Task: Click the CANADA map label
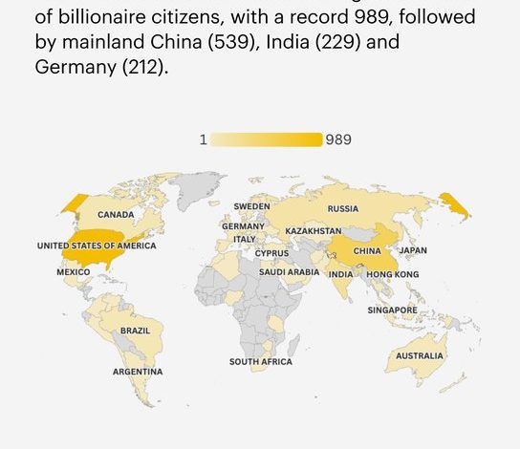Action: (116, 215)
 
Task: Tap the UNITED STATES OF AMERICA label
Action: (97, 246)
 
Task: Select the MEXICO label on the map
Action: (73, 272)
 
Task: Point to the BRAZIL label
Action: (135, 331)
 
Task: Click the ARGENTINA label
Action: (138, 372)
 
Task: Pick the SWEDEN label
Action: (251, 206)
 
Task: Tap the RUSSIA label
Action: (343, 208)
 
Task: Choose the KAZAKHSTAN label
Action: (314, 231)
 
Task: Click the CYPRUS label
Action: (271, 253)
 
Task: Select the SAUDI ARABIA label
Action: (290, 272)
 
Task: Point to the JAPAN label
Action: (413, 251)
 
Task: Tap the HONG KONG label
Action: (392, 274)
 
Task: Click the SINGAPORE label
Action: (392, 310)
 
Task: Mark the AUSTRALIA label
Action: (420, 356)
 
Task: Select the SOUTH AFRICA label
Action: (261, 362)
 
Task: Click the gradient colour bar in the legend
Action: (267, 139)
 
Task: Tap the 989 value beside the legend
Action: (338, 139)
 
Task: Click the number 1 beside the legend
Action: (203, 139)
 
